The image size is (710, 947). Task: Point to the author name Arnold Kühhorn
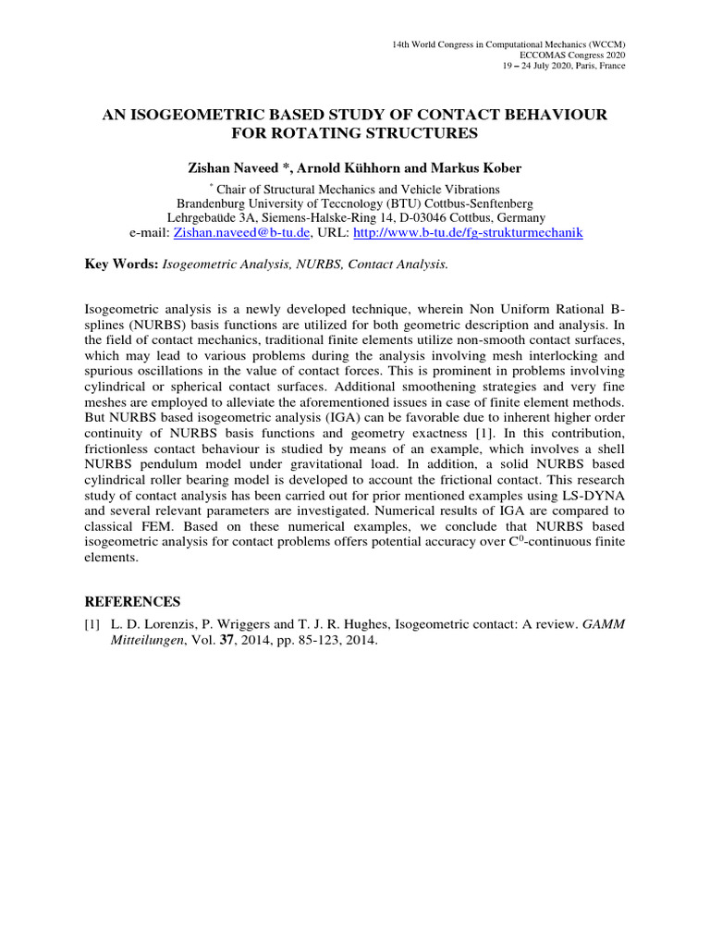click(360, 168)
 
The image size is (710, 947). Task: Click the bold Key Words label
click(122, 264)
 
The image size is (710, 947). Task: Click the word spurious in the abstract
click(113, 370)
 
